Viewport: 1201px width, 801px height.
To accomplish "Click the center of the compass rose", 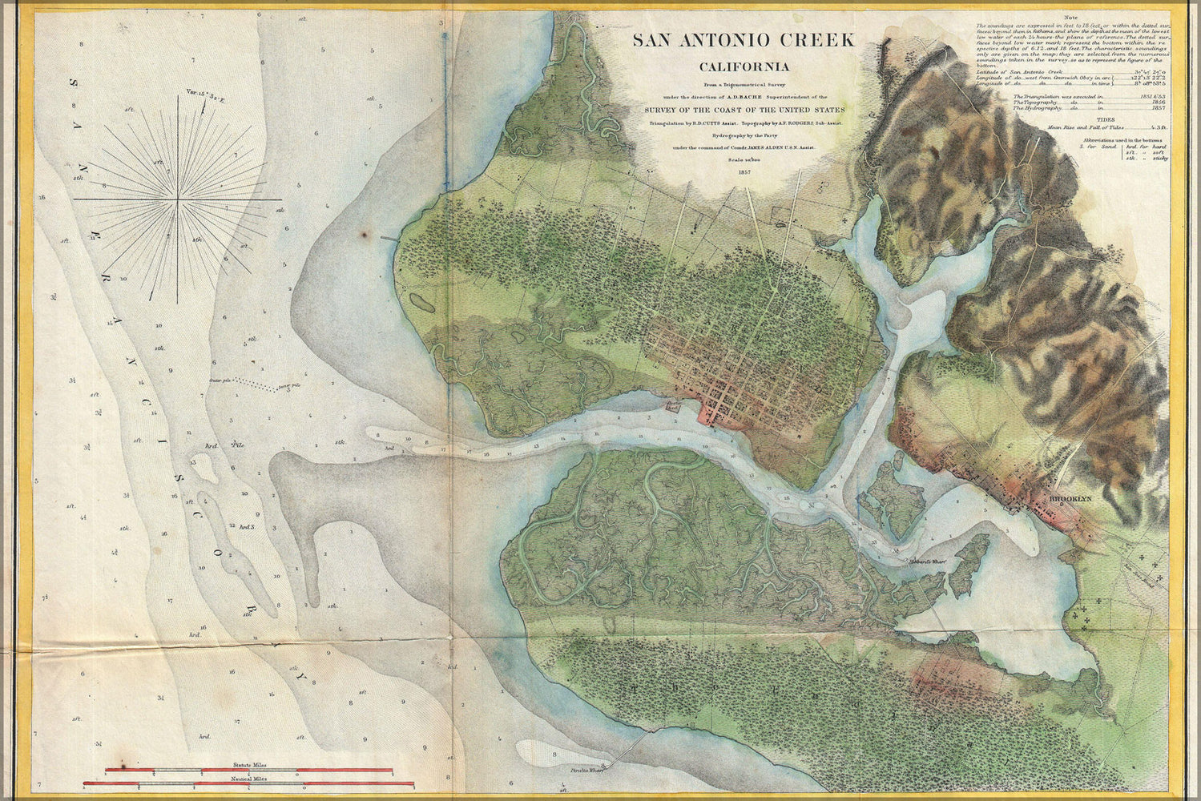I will click(x=178, y=197).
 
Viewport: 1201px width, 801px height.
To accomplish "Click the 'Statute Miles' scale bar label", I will click(x=249, y=767).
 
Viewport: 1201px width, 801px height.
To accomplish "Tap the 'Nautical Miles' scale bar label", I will click(x=249, y=778).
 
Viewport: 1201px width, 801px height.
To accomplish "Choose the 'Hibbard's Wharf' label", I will click(x=928, y=562).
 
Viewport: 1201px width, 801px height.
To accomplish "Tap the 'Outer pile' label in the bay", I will click(x=221, y=380).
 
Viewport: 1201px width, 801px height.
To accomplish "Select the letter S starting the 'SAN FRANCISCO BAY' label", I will click(x=74, y=82).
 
